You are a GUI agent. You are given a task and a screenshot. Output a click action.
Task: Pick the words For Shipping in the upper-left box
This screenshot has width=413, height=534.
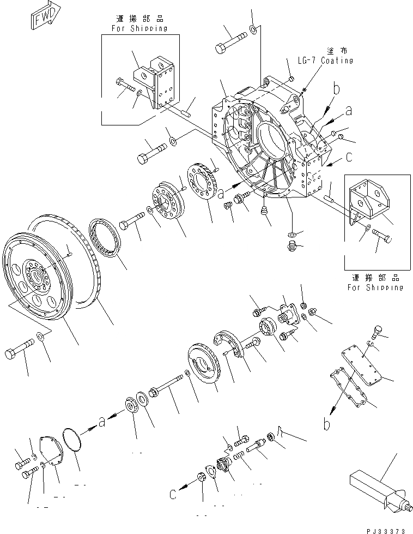[x=140, y=28]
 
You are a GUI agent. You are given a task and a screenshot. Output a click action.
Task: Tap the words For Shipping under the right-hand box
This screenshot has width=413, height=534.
[x=376, y=287]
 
